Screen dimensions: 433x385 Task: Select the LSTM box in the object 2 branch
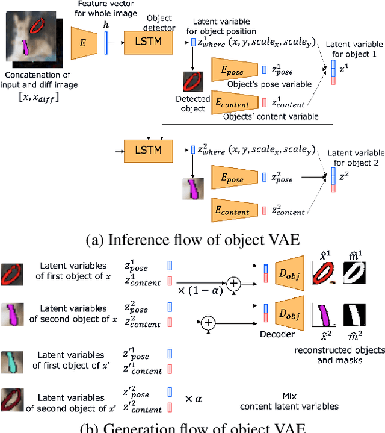pyautogui.click(x=148, y=147)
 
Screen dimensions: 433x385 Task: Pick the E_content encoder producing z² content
pyautogui.click(x=235, y=210)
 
